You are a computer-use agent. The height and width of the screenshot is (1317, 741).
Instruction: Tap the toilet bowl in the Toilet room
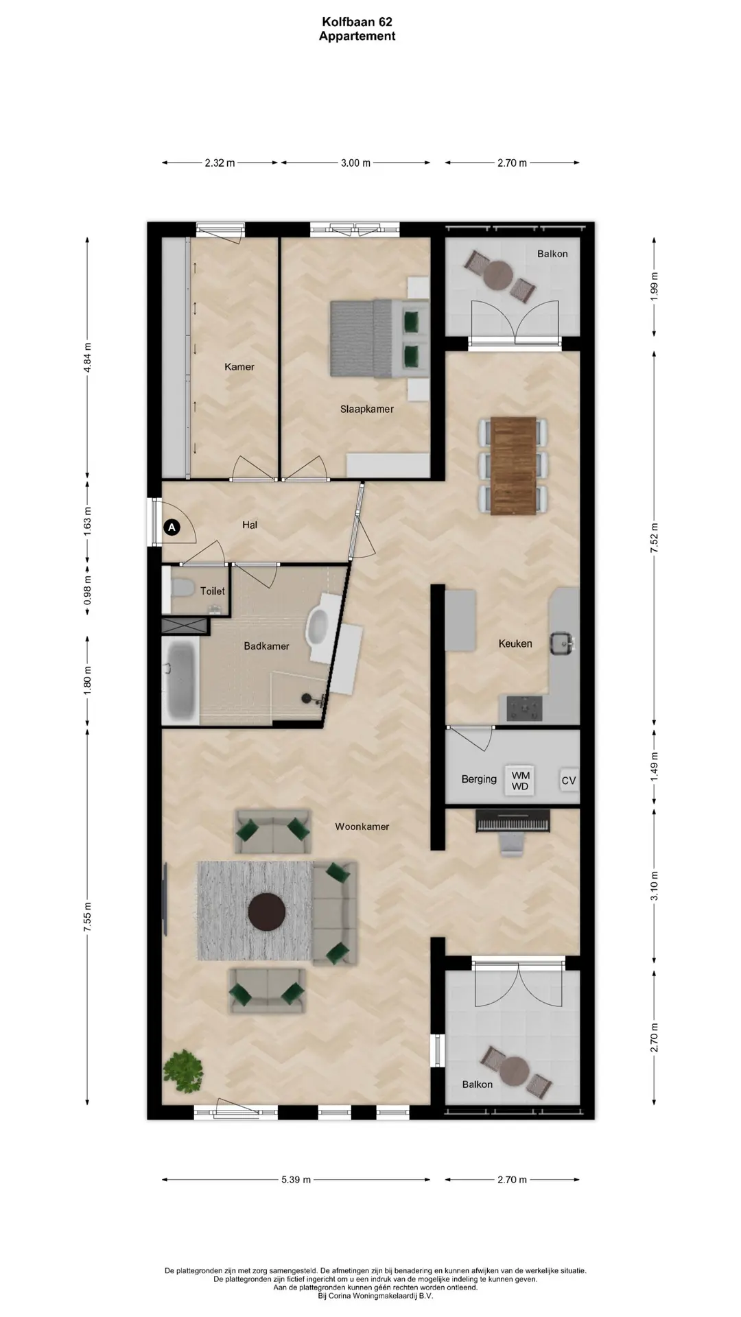click(182, 588)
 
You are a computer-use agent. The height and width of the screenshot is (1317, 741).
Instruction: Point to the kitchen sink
click(561, 643)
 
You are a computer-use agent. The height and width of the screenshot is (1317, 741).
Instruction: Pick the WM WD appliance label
click(520, 781)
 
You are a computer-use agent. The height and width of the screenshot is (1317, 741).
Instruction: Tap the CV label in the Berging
click(569, 781)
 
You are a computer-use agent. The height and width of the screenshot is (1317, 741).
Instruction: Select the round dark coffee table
click(267, 912)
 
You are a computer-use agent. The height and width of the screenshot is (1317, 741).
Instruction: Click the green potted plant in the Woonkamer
click(183, 1071)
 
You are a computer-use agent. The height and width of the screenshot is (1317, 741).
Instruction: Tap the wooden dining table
click(513, 465)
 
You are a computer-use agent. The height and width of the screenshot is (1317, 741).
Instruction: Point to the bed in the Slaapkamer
click(379, 338)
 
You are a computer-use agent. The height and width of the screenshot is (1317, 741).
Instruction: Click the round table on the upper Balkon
click(499, 276)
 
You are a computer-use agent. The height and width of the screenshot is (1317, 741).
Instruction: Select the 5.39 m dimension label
click(296, 1180)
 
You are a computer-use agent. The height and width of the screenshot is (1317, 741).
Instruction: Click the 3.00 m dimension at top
click(355, 163)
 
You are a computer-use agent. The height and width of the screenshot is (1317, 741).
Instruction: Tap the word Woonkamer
click(362, 827)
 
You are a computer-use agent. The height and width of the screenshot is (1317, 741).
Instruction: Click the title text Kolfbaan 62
click(357, 22)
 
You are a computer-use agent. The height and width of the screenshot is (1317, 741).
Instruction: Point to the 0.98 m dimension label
click(87, 589)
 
